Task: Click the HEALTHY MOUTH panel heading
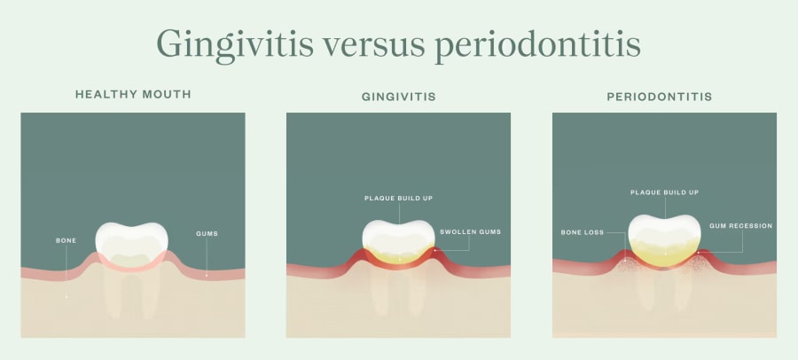(x=133, y=95)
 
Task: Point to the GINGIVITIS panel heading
(x=399, y=95)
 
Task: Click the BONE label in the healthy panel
(x=66, y=240)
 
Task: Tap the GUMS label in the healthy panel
(x=207, y=234)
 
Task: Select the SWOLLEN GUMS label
(x=471, y=232)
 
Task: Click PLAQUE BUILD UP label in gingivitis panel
(x=399, y=199)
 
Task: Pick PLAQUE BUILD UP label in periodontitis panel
(x=664, y=192)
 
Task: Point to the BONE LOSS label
(x=582, y=232)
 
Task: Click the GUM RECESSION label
(x=740, y=226)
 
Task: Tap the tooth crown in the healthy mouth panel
(x=131, y=241)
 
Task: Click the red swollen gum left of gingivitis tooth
(x=359, y=258)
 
